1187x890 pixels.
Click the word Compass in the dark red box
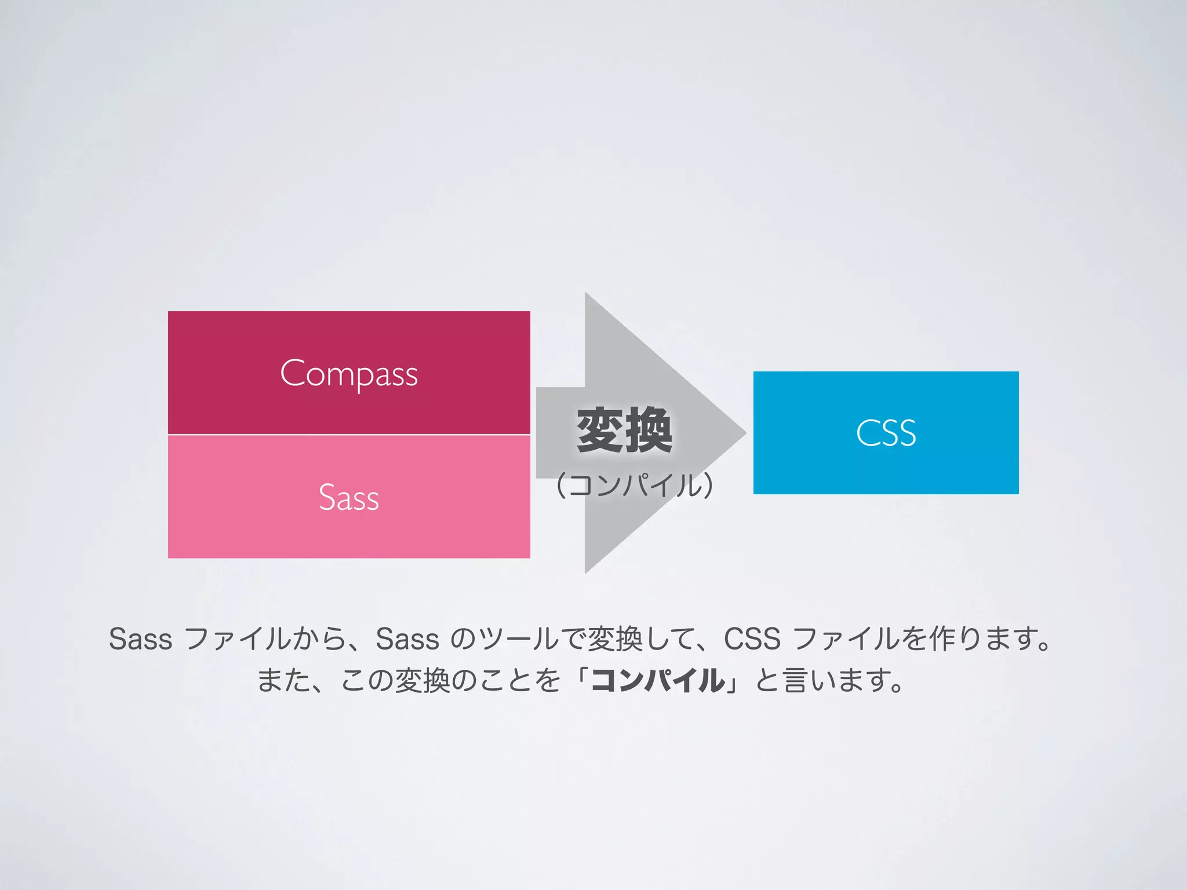pyautogui.click(x=349, y=374)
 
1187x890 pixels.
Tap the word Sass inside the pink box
pyautogui.click(x=349, y=498)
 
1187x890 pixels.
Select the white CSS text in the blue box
pyautogui.click(x=886, y=433)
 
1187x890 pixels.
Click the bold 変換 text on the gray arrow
pyautogui.click(x=625, y=430)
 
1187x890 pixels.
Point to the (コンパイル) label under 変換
pyautogui.click(x=634, y=485)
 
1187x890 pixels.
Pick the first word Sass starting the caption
pyautogui.click(x=140, y=639)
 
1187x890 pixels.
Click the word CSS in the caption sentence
pyautogui.click(x=752, y=639)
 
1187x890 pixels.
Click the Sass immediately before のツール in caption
pyautogui.click(x=407, y=639)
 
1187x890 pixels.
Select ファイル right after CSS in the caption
pyautogui.click(x=846, y=639)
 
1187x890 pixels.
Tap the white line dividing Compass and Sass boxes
pyautogui.click(x=349, y=434)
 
